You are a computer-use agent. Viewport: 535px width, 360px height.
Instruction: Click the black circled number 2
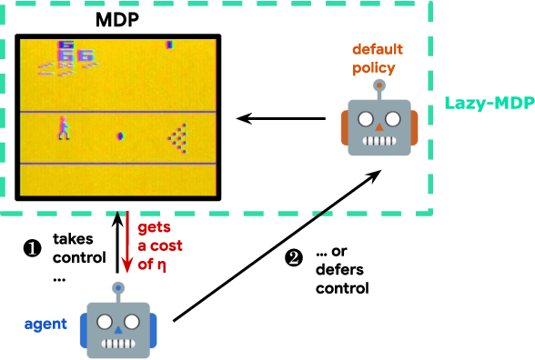(293, 257)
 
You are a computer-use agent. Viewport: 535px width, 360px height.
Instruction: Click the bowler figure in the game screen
(64, 127)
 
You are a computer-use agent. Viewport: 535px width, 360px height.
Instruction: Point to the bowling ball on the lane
(119, 136)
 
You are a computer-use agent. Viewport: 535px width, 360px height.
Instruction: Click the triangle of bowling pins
(179, 135)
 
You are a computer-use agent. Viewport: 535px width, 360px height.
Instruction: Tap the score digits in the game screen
(69, 51)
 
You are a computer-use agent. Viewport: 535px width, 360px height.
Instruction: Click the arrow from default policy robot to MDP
(276, 117)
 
